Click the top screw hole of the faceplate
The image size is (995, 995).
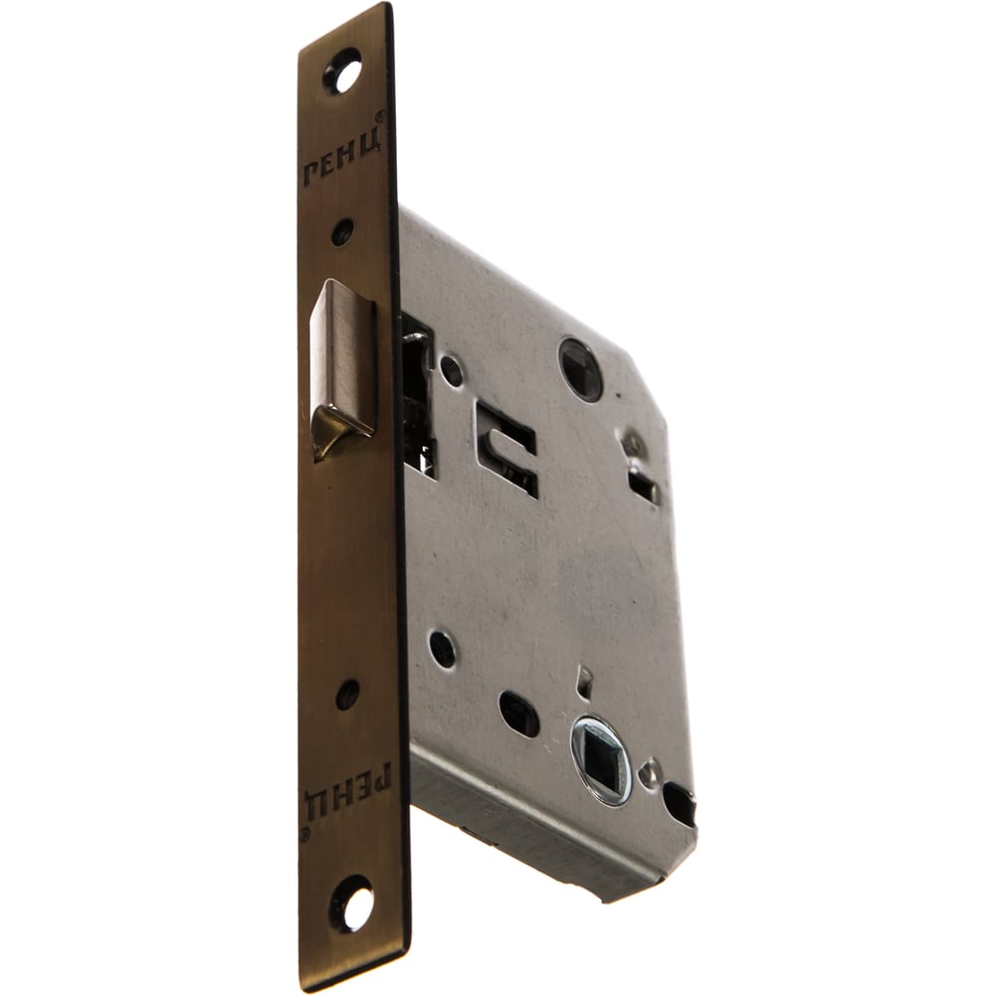pos(343,71)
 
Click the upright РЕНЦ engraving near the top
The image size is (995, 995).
pos(341,158)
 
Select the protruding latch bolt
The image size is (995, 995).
pos(341,367)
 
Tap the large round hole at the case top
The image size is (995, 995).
pos(581,369)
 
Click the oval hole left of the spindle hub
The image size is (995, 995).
pos(518,712)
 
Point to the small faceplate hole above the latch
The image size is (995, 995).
pos(342,232)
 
